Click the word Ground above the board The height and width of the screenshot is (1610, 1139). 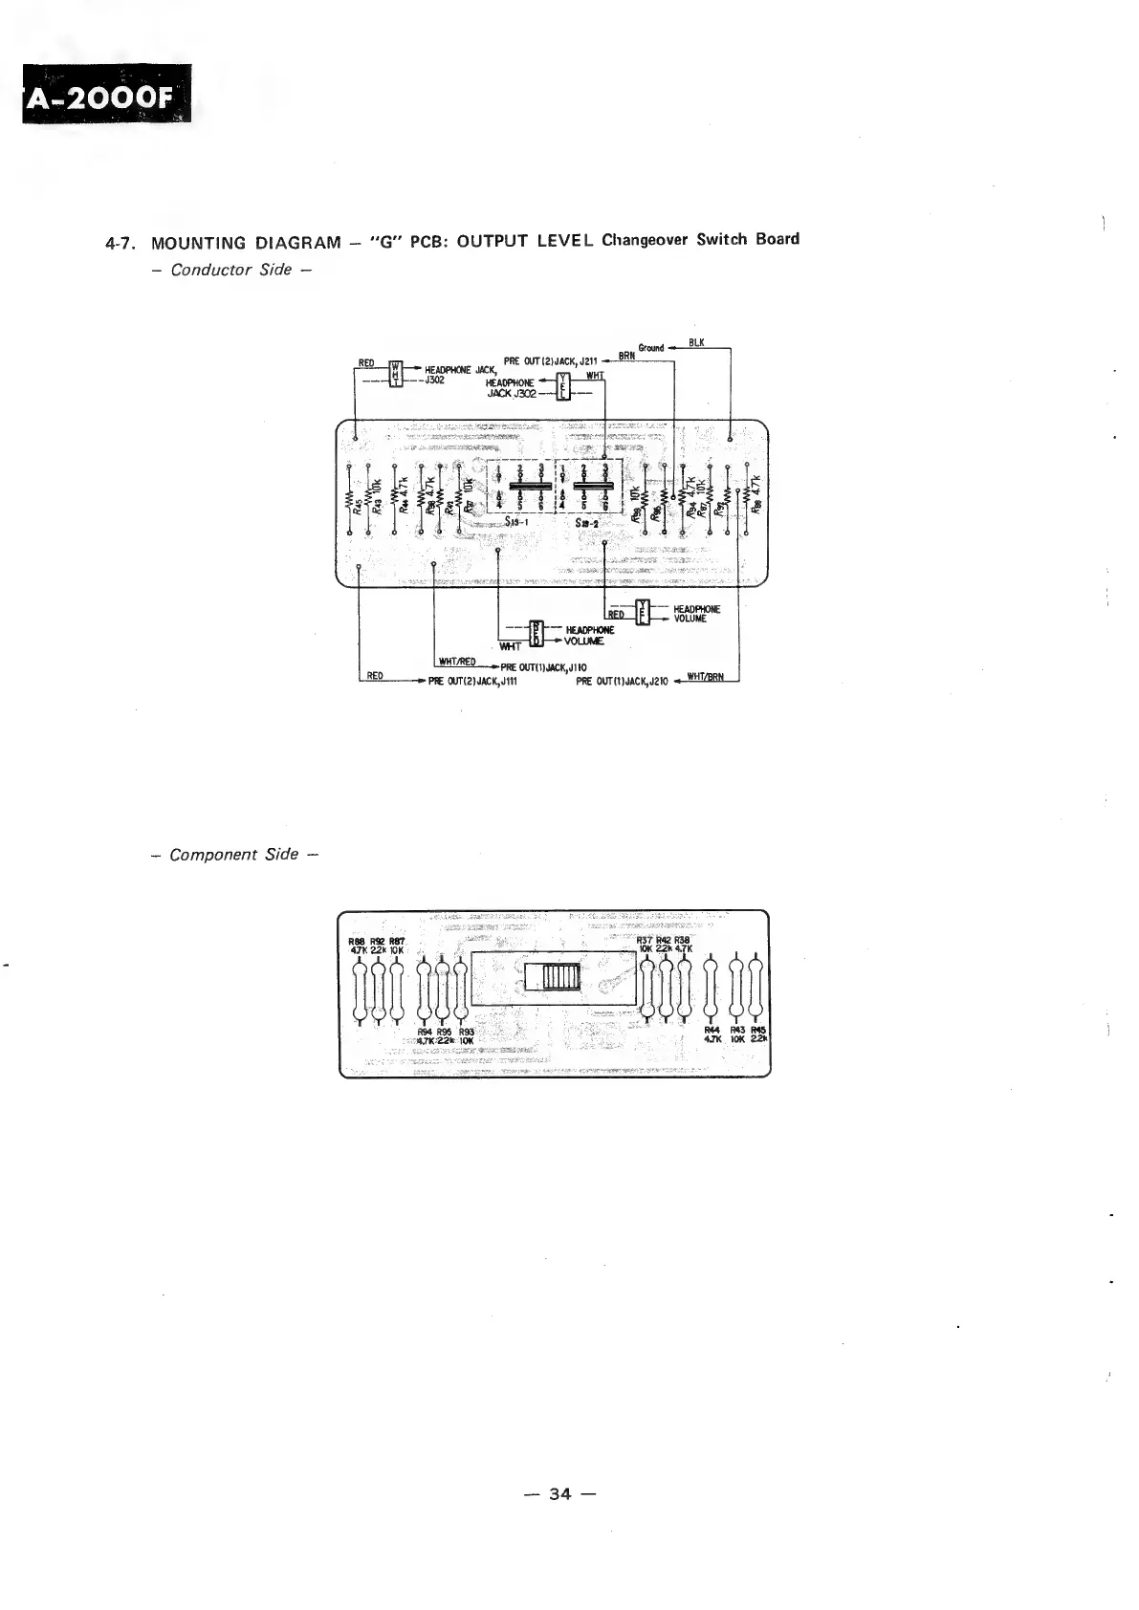click(x=651, y=348)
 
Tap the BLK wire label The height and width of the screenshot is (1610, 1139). click(x=695, y=342)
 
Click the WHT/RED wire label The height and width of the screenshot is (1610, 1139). click(x=457, y=661)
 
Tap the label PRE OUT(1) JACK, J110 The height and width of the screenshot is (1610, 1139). click(x=543, y=667)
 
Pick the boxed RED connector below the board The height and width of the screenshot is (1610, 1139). click(x=536, y=632)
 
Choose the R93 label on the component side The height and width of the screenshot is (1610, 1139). click(x=467, y=1032)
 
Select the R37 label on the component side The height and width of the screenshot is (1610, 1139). click(x=646, y=941)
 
